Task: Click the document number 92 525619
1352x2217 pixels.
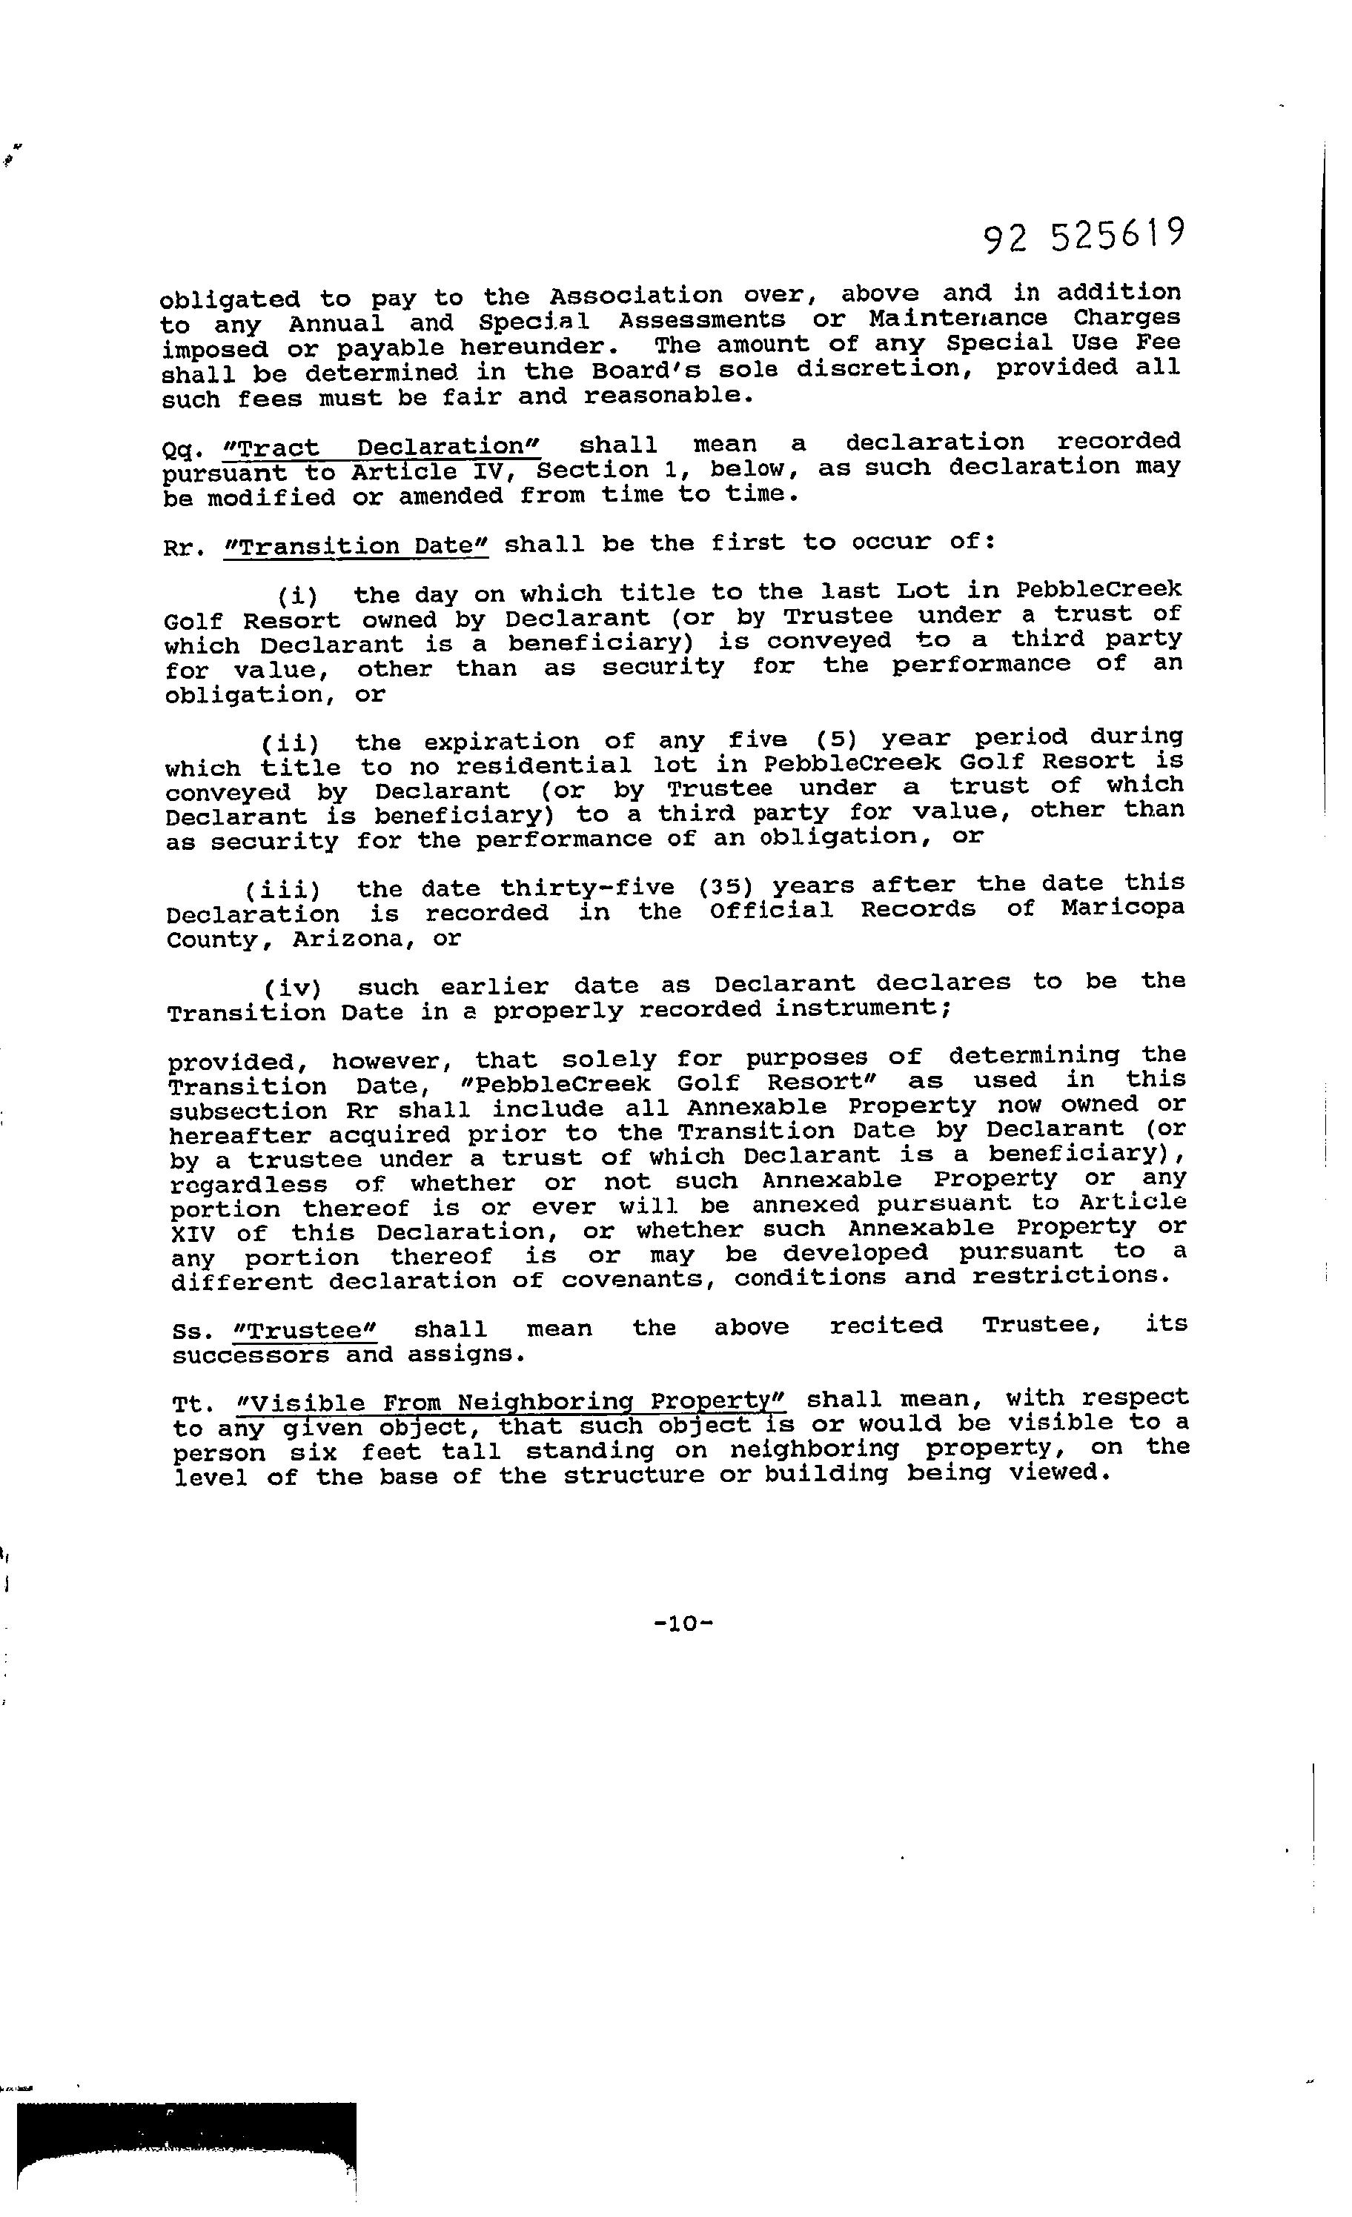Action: (x=1083, y=236)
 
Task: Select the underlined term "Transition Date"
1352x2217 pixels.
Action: (x=356, y=546)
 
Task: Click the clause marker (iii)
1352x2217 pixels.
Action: (x=282, y=891)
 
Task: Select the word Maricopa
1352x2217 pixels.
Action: (x=1121, y=908)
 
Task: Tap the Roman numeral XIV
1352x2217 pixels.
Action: (x=193, y=1233)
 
